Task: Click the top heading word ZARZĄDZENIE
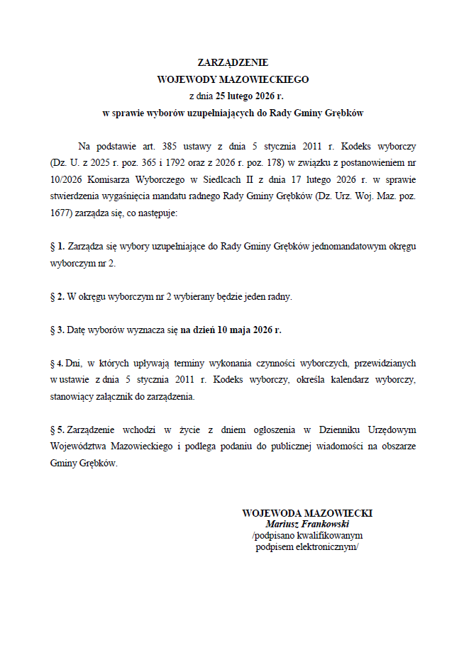point(232,63)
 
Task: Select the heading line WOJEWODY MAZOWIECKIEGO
point(232,79)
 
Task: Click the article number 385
point(170,146)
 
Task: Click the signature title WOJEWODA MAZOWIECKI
point(307,512)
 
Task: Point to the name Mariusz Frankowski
point(307,524)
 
